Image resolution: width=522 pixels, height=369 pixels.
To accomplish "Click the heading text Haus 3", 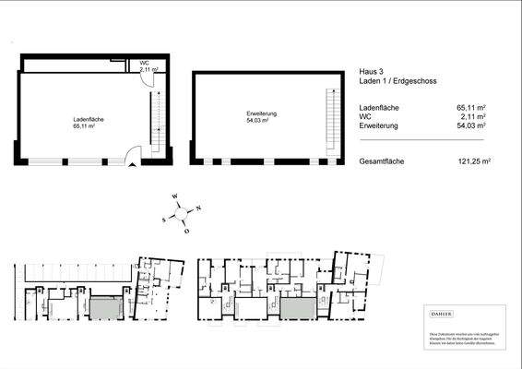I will tap(369, 70).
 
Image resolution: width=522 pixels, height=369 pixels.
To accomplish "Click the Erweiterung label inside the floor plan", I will tap(262, 113).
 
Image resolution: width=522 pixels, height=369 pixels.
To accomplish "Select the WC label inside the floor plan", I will tap(145, 64).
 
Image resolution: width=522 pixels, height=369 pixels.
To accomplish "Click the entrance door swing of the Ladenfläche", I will tap(136, 154).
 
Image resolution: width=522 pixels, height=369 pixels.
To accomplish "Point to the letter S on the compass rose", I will tap(164, 220).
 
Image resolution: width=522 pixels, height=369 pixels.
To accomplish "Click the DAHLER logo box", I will tap(463, 315).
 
